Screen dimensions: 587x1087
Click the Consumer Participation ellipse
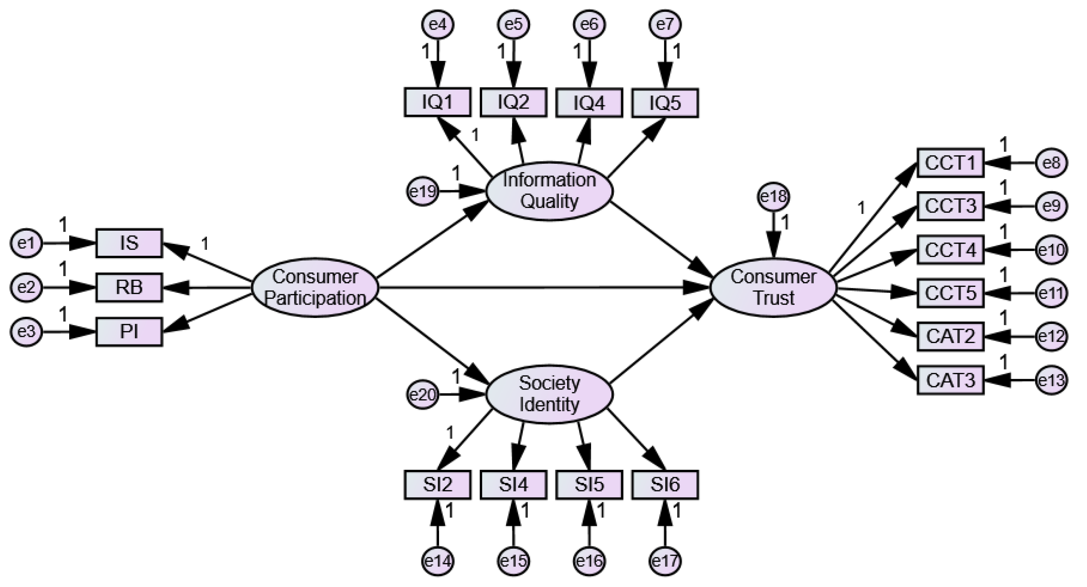315,288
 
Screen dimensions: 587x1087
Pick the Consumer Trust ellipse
773,288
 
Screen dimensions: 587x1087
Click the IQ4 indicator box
589,103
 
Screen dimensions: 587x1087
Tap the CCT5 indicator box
950,293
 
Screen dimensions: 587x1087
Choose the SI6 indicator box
665,485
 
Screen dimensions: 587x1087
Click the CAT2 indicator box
950,336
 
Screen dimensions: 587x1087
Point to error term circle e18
773,196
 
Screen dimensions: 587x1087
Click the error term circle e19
423,192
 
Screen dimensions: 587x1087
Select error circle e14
438,561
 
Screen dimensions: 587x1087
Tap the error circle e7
665,24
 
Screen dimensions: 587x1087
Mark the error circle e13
1052,380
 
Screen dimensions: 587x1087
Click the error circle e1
26,243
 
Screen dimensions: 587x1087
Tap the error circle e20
423,395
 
